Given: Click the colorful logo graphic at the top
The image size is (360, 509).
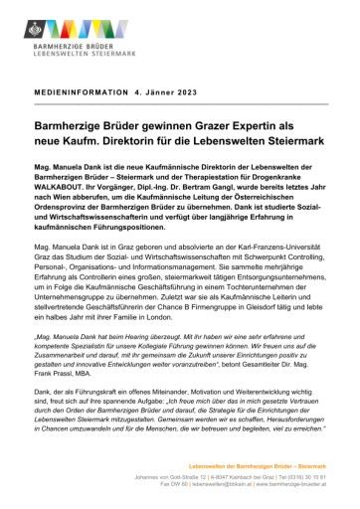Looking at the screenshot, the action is pyautogui.click(x=76, y=23).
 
